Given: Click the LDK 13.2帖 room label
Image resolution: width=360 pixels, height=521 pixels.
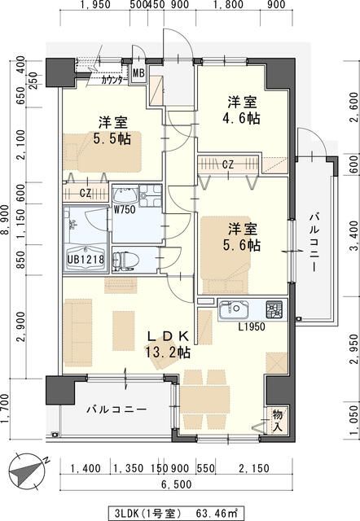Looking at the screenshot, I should click(169, 344).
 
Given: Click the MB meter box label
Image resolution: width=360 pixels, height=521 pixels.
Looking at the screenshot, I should click(138, 72).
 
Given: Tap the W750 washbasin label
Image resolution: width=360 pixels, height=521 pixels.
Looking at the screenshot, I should click(124, 209).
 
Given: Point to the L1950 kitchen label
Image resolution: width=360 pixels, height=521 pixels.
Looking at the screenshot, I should click(253, 326).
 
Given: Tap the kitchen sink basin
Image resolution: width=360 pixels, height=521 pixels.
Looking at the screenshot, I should click(234, 309).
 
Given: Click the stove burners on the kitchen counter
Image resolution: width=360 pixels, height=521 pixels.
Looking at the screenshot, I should click(274, 309).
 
